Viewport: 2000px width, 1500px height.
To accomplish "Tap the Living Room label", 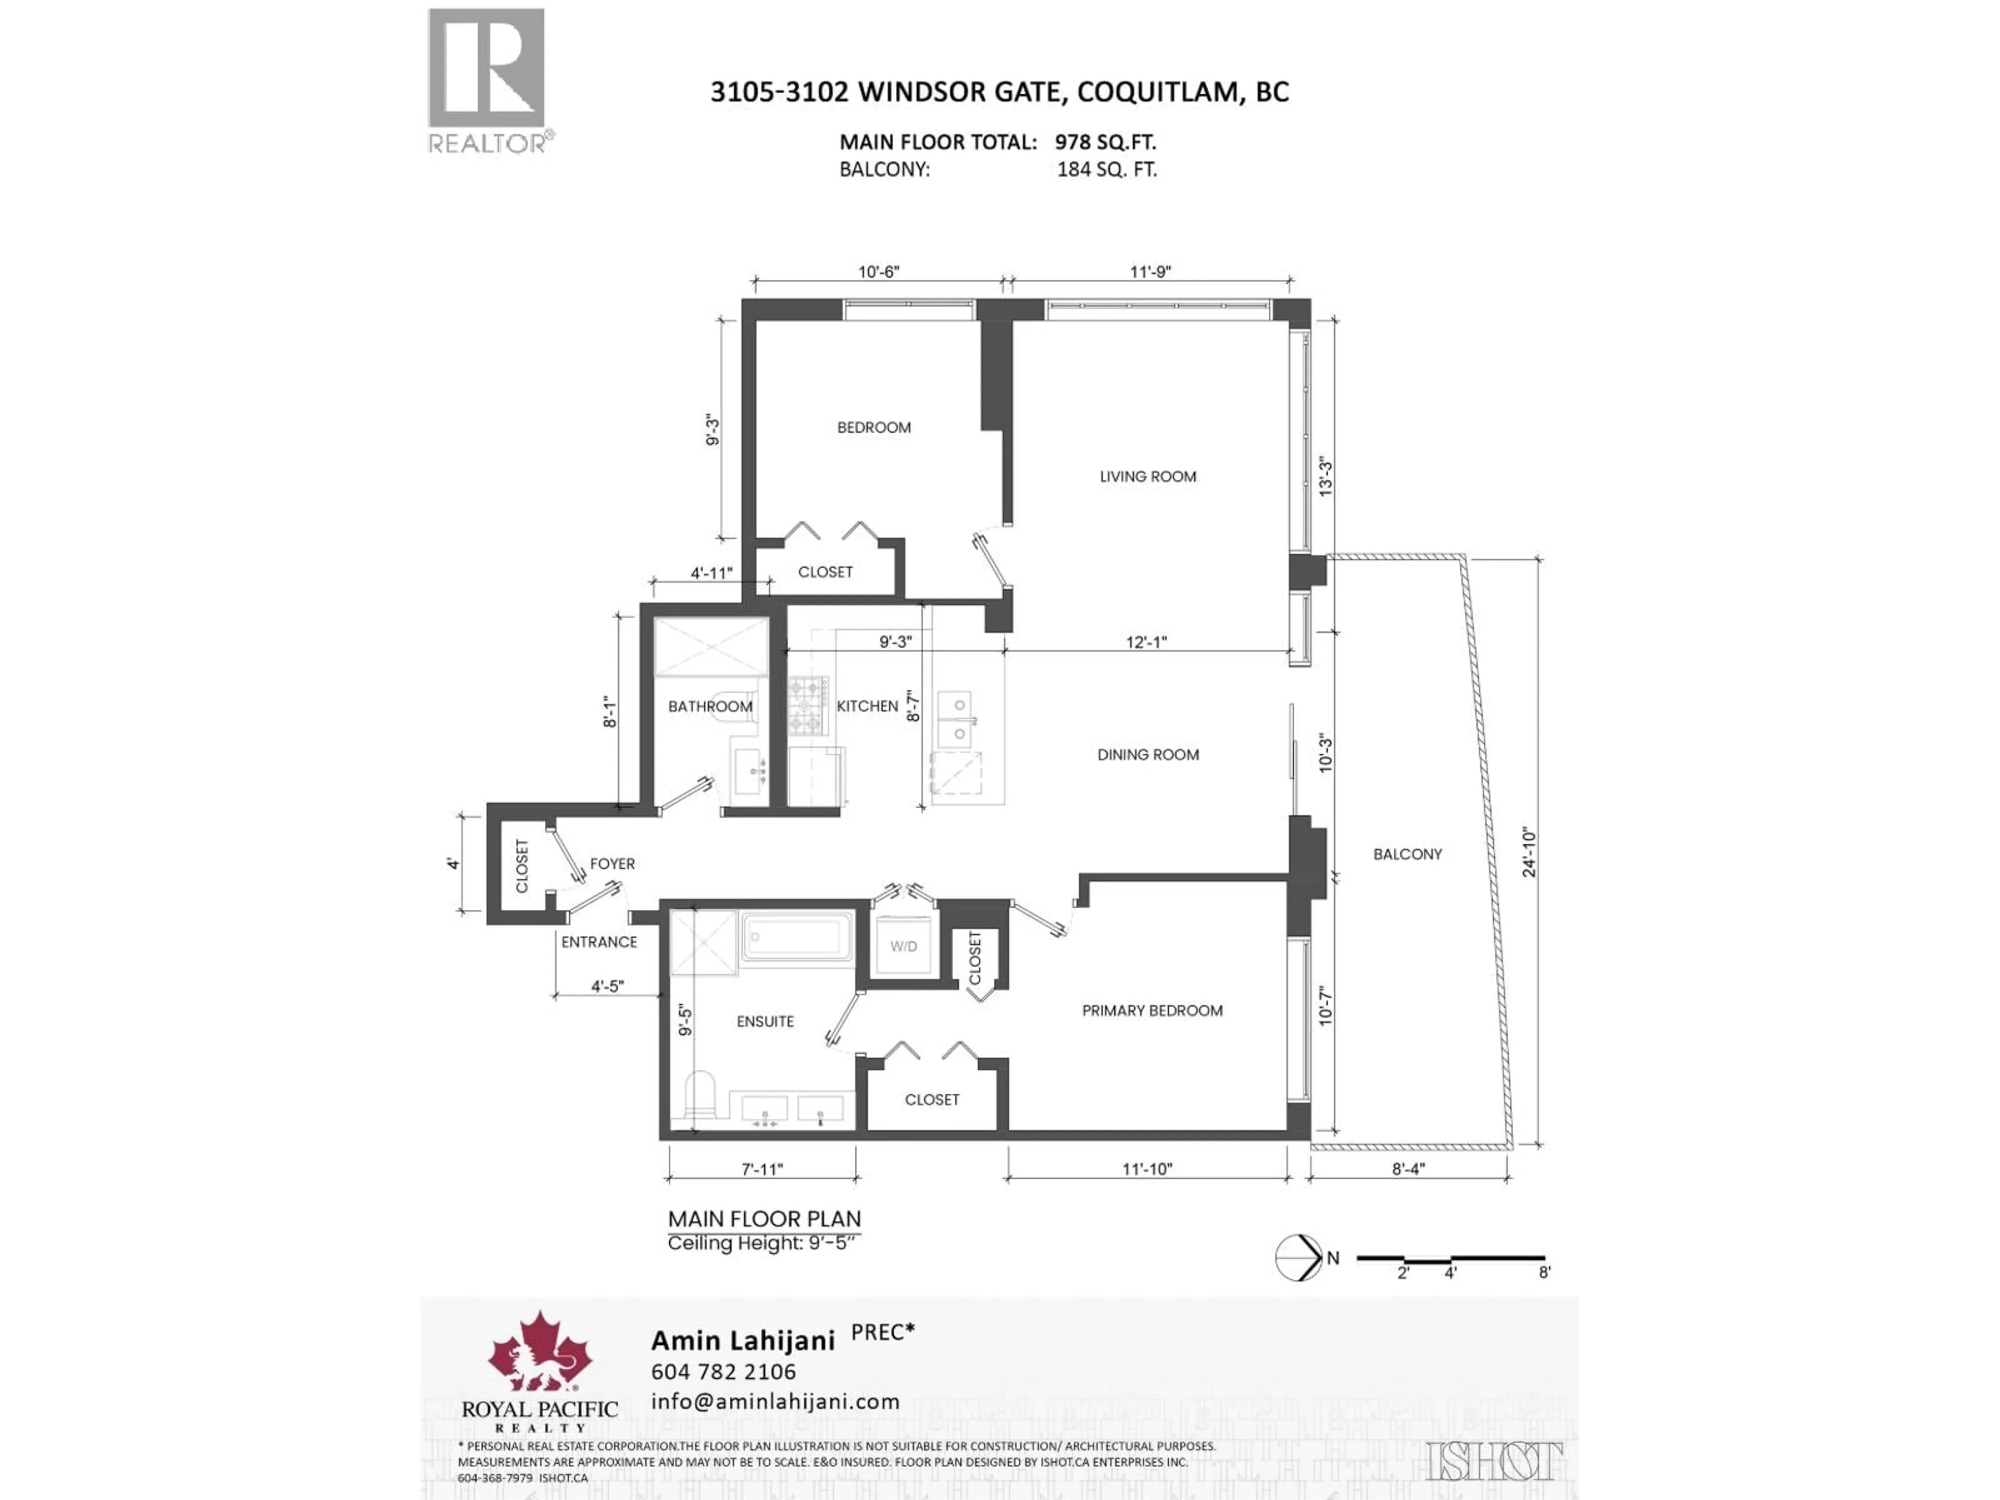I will pos(1147,477).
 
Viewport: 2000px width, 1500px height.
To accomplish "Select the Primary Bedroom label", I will pos(1152,1011).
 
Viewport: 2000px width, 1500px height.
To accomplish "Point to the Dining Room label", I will pos(1147,754).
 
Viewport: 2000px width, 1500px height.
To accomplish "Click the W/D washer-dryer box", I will pos(903,947).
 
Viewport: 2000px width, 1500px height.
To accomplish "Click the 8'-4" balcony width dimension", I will pos(1408,1169).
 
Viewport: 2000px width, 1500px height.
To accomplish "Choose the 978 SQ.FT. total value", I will pos(1105,142).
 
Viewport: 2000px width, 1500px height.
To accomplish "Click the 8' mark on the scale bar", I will pos(1545,1273).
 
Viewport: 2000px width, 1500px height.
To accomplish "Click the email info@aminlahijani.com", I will pos(775,1402).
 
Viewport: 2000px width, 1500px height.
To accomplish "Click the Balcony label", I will pos(1407,854).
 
